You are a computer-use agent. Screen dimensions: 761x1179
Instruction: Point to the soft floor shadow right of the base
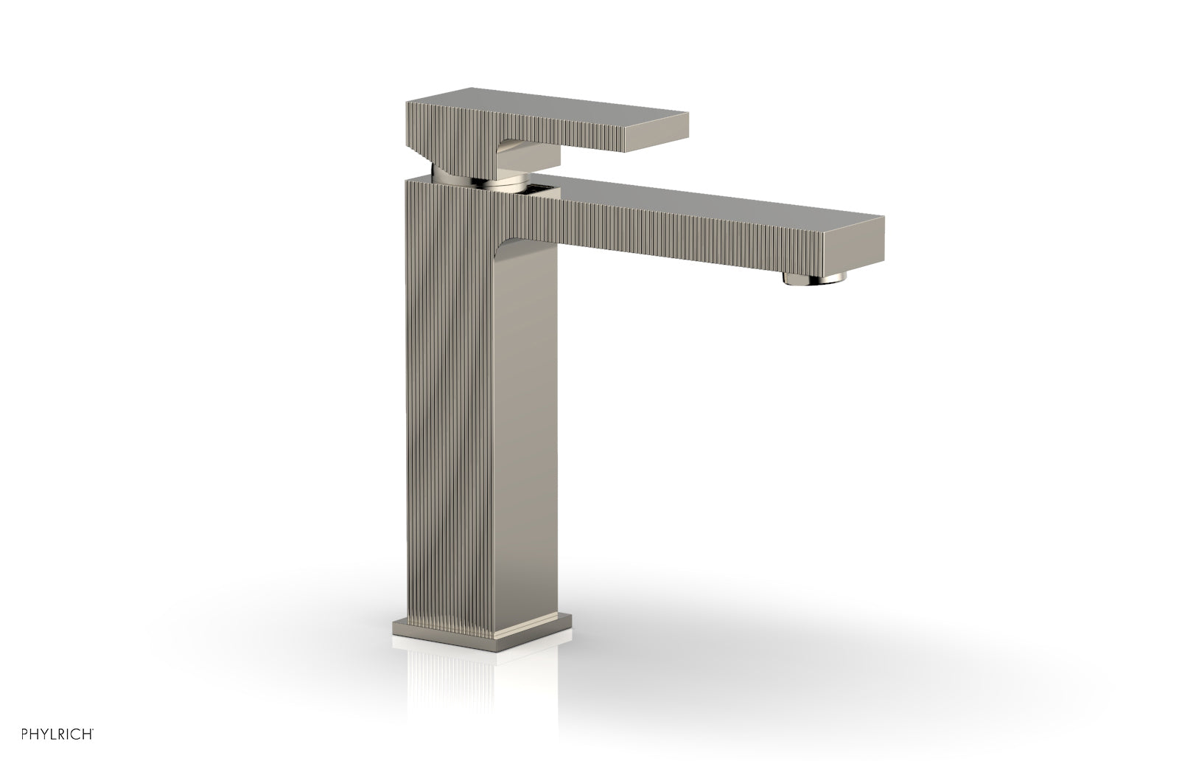click(x=737, y=649)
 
